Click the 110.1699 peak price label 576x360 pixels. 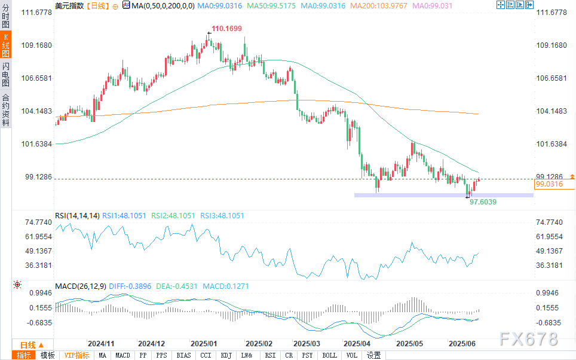pos(226,29)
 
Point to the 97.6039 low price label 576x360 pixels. pos(483,202)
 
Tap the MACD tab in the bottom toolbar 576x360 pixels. pos(122,355)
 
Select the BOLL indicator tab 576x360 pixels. pos(329,355)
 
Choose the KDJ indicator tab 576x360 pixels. pos(226,355)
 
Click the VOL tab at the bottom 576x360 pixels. pos(351,355)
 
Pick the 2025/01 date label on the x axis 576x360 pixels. pos(203,344)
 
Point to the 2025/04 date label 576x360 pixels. pos(357,344)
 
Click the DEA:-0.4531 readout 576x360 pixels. pos(176,286)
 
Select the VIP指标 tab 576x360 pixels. pos(77,355)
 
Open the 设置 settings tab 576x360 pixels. pos(373,355)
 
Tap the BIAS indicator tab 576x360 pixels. pos(183,355)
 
